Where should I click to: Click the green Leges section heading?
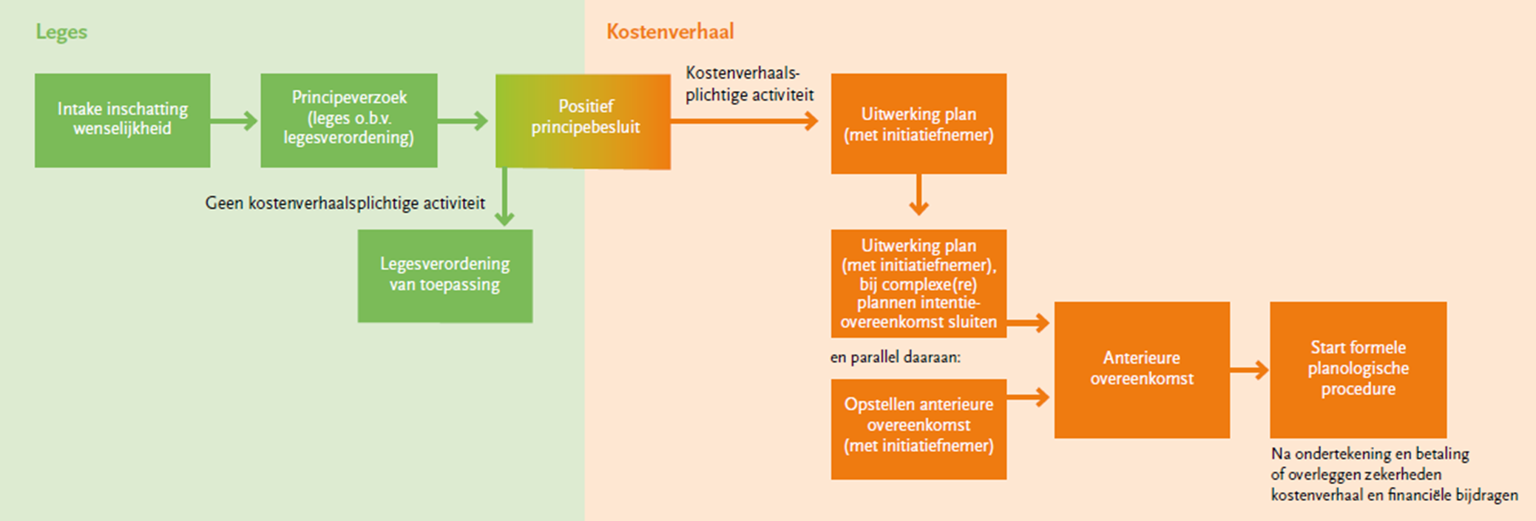(x=61, y=32)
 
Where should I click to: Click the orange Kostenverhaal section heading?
(x=670, y=32)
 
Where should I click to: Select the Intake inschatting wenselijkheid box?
(x=123, y=120)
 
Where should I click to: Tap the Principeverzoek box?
(x=348, y=120)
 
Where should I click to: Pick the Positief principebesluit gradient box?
(x=583, y=121)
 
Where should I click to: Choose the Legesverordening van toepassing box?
(x=444, y=275)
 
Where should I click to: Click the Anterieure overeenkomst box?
(x=1142, y=369)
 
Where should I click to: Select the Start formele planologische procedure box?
(x=1358, y=369)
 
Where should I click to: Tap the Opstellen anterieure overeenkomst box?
(x=918, y=428)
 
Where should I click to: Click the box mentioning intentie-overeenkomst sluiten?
(x=918, y=283)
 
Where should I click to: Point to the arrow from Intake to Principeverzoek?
(x=234, y=121)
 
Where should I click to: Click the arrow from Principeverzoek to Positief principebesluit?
(x=462, y=121)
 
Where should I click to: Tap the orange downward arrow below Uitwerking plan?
(x=918, y=195)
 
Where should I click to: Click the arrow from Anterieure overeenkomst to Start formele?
(x=1250, y=370)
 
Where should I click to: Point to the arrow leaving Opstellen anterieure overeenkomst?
(x=1029, y=397)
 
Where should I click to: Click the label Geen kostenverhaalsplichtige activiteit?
(x=345, y=204)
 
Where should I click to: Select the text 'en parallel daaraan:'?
(x=895, y=358)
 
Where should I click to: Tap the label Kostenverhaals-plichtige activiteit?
(x=748, y=84)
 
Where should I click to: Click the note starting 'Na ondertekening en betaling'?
(x=1393, y=474)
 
